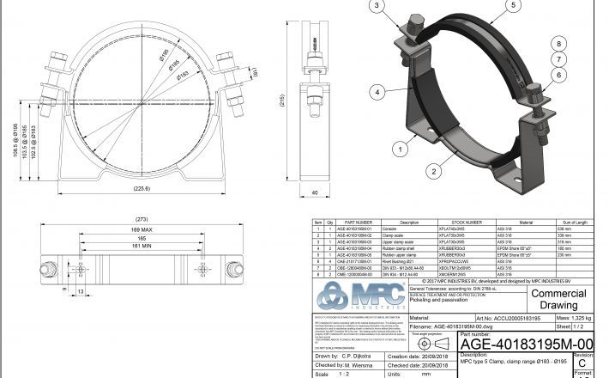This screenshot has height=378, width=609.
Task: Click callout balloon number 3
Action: point(377,7)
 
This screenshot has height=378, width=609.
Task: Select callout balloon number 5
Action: point(514,6)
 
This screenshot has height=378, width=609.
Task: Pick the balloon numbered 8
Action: point(559,43)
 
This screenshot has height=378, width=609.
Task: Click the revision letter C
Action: point(582,364)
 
